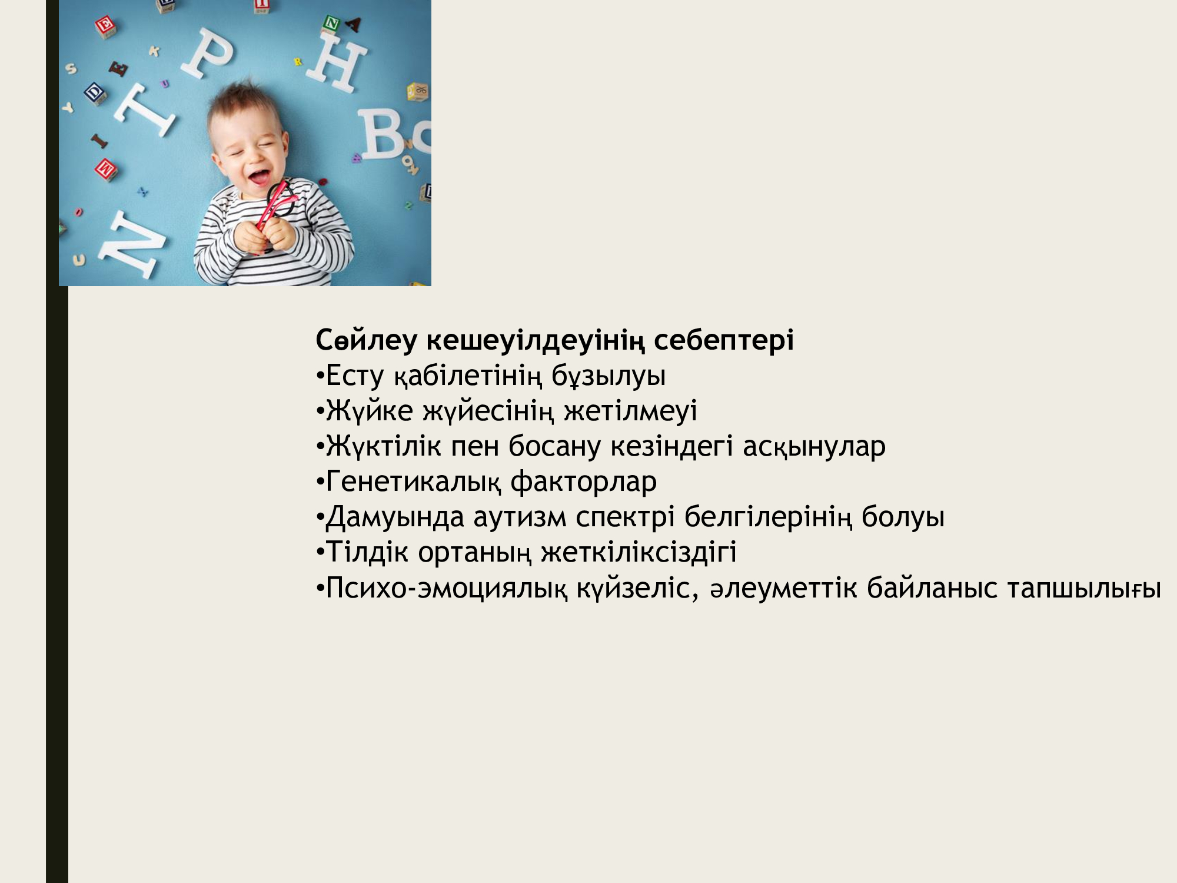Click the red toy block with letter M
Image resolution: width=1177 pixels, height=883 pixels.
click(106, 169)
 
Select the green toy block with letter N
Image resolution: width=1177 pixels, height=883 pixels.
click(333, 24)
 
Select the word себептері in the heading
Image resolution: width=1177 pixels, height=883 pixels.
click(724, 340)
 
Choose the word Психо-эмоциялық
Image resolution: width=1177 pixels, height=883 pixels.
click(447, 588)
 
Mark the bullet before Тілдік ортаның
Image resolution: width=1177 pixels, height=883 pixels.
click(320, 553)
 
